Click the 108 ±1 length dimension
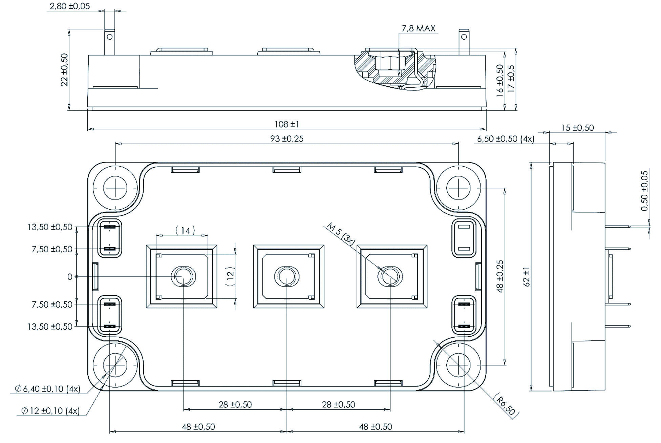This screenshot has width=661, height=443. pos(286,124)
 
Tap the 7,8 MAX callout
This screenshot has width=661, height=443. pos(418,28)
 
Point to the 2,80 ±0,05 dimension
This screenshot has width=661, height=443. pos(70,6)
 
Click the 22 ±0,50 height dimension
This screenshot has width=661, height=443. pos(64,69)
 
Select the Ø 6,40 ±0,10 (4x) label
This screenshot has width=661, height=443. pos(47,389)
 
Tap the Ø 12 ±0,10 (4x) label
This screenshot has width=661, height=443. pos(50,411)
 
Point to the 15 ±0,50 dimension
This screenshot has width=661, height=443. pos(577,128)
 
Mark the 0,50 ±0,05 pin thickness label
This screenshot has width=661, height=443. pos(644,191)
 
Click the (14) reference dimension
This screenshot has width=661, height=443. pos(185,231)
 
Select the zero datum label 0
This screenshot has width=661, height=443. pos(70,277)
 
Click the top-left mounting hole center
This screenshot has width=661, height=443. pos(115,187)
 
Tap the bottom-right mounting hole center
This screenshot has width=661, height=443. pos(458,365)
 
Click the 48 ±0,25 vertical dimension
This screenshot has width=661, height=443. pos(500,276)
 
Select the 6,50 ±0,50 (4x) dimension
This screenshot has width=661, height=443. pos(506,139)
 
